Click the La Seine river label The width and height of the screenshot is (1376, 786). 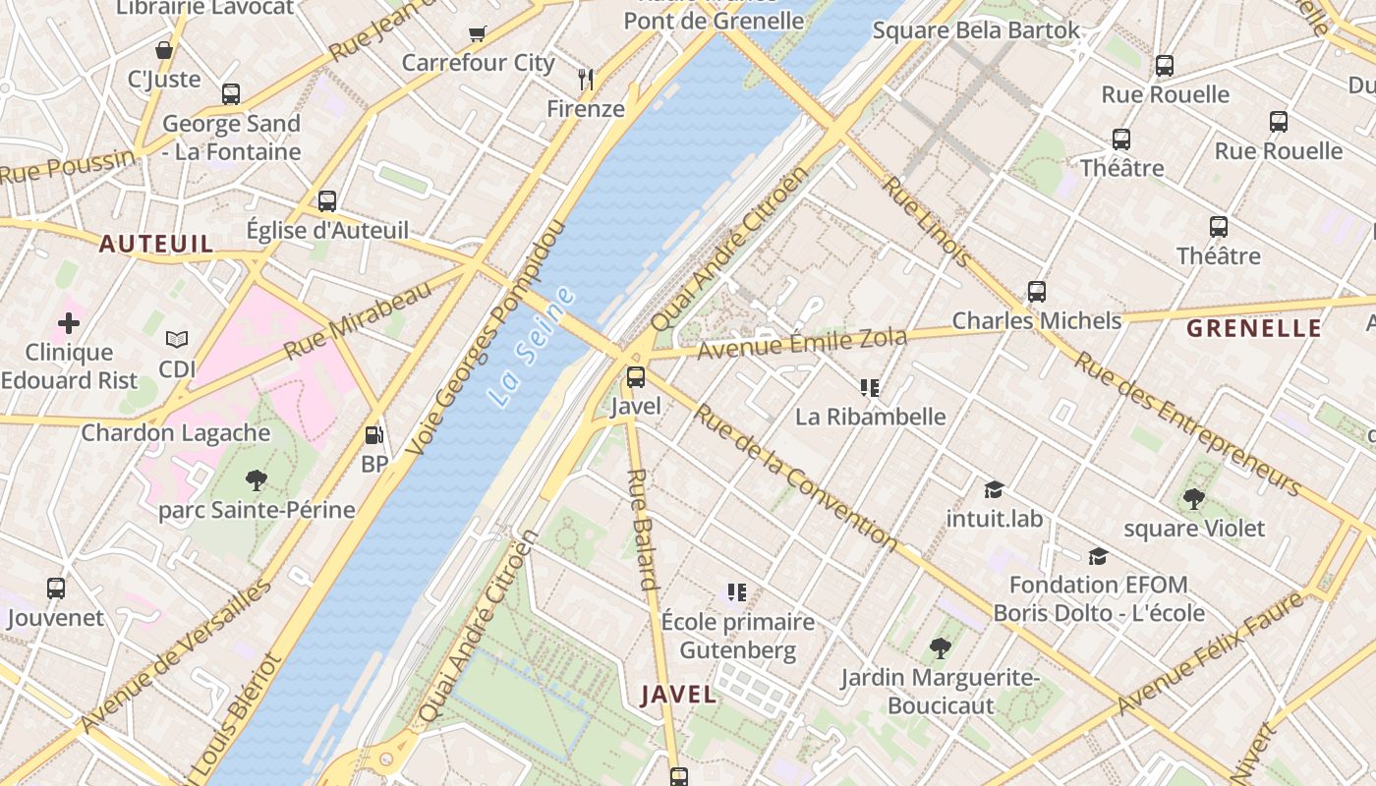531,346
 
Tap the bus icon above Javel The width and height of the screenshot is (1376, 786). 636,376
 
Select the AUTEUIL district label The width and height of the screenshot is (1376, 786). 156,244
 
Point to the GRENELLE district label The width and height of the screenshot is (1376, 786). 1253,328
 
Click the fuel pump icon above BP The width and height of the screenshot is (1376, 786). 373,435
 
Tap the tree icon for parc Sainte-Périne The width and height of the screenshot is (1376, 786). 257,480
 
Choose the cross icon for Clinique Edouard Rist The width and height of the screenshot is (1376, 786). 69,322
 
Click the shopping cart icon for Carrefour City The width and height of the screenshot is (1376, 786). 478,34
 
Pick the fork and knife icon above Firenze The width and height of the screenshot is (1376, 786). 586,79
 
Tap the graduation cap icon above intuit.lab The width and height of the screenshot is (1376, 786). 994,488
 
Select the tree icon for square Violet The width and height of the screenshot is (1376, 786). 1194,499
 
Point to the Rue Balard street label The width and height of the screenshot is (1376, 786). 641,529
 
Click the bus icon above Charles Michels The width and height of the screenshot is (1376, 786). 1037,292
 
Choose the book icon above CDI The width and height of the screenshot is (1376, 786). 177,340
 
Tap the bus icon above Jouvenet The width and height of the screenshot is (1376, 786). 56,589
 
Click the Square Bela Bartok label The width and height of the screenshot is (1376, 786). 976,30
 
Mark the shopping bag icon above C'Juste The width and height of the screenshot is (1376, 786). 164,49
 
